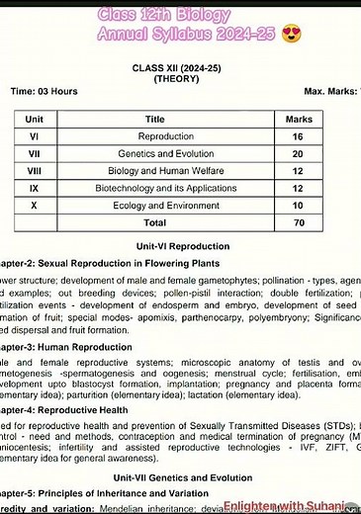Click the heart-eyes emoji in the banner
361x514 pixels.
[x=291, y=35]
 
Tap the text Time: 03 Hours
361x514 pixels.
[x=44, y=91]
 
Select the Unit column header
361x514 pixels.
[x=35, y=118]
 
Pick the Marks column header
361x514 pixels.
[x=299, y=118]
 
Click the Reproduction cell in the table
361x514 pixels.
[x=165, y=135]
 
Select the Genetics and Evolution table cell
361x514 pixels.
[x=165, y=153]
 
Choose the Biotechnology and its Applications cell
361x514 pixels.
[x=165, y=188]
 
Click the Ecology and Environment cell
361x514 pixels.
[x=165, y=206]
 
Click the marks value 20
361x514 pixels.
[x=298, y=153]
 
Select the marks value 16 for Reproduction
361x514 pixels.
[x=298, y=135]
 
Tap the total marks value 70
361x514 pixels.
[x=298, y=223]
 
